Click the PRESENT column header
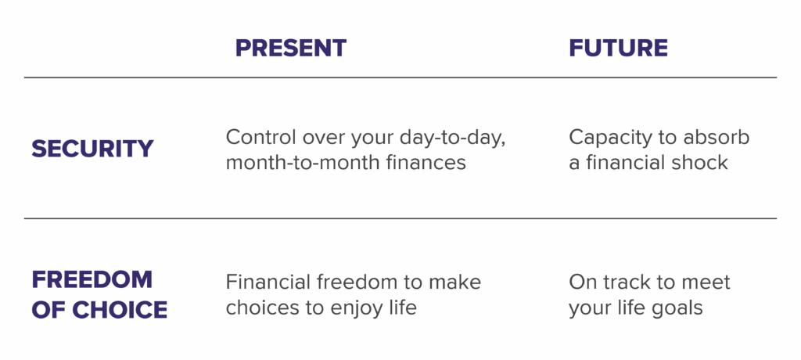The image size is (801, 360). click(290, 49)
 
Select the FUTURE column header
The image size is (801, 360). click(618, 49)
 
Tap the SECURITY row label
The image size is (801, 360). click(92, 149)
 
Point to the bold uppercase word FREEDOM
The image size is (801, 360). click(92, 279)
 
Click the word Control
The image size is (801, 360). click(261, 138)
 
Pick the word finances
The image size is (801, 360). click(426, 163)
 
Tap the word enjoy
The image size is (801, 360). click(352, 308)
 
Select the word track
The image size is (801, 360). click(628, 282)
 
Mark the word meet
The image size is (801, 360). click(706, 282)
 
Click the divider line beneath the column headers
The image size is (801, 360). click(400, 78)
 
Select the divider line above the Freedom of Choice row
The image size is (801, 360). click(400, 218)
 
